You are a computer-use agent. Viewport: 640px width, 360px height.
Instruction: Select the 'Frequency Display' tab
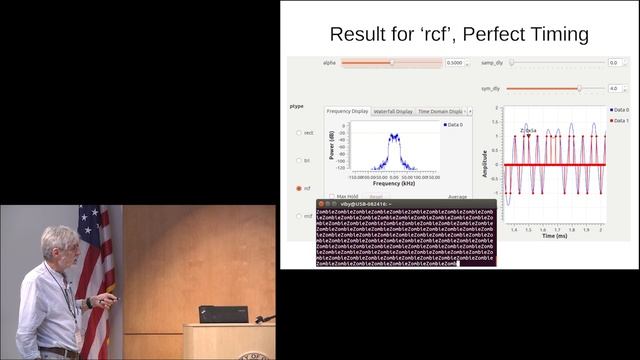click(347, 111)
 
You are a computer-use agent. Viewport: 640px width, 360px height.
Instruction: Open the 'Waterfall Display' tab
click(392, 111)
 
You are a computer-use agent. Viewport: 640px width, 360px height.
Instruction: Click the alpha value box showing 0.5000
click(454, 62)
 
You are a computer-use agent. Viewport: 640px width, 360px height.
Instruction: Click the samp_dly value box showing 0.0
click(614, 62)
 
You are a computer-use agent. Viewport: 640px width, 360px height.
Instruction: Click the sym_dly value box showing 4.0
click(614, 88)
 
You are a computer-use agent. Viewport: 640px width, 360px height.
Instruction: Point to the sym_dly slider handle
click(579, 88)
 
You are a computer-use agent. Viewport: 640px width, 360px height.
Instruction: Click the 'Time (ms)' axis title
click(555, 237)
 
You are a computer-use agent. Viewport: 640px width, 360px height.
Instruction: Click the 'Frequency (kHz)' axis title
click(393, 183)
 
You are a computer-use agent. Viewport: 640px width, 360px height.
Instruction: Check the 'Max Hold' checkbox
click(331, 196)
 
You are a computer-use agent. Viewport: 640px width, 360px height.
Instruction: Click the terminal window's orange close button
click(322, 204)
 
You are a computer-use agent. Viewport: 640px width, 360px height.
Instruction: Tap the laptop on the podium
click(223, 314)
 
